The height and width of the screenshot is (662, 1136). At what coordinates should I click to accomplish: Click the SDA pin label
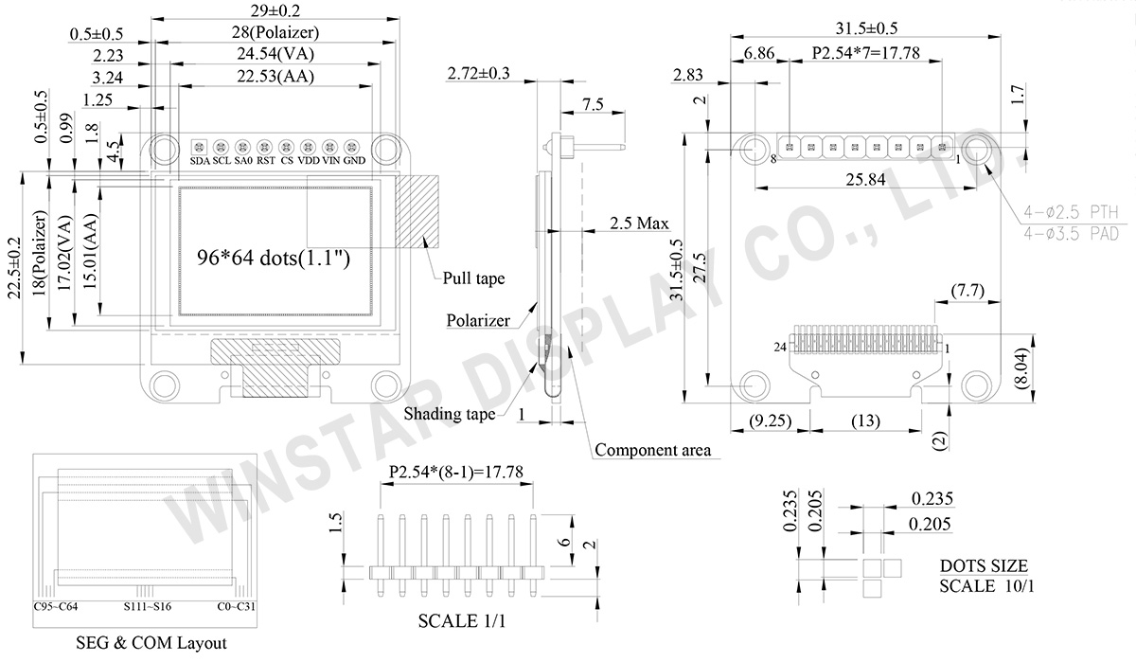200,161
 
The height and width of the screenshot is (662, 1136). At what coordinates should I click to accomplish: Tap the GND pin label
354,161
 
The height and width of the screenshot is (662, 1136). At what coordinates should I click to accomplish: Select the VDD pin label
309,161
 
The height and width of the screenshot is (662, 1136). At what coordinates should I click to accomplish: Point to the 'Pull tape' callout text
473,278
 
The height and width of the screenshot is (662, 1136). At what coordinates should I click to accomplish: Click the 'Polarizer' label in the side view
478,320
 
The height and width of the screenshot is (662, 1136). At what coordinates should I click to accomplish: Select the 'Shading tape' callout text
449,414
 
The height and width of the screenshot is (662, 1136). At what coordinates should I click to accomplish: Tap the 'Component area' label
652,450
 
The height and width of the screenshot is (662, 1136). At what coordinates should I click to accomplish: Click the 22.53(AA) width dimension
275,77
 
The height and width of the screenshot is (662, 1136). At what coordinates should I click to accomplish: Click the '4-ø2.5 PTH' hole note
1073,212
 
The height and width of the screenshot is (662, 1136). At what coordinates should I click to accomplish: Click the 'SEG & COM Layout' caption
151,643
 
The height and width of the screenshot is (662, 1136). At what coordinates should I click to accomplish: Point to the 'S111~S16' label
148,607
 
